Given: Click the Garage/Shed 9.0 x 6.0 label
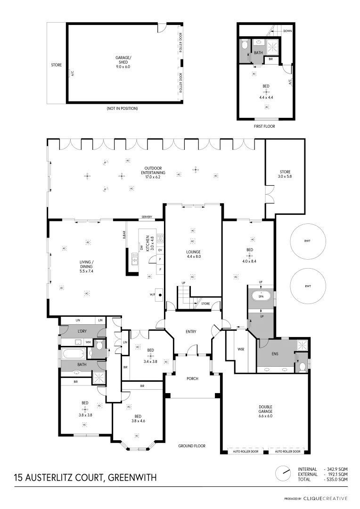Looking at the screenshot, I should pos(123,62).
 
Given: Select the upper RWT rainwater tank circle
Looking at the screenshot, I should pos(307,241).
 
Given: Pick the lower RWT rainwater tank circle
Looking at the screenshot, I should pos(307,286).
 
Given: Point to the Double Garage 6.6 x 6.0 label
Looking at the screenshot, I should pos(265,411).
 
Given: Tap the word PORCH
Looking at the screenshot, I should pos(192,378).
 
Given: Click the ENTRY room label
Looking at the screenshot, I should pos(191,332).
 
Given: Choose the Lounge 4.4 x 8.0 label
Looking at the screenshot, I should pos(193,254).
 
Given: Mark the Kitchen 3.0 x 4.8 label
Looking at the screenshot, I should pos(147,243).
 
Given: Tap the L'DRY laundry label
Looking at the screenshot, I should pos(83,331).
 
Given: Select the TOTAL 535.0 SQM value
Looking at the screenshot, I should pos(336,479).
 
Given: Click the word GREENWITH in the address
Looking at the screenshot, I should pos(132,477).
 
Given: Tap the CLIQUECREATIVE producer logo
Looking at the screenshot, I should pos(325,498).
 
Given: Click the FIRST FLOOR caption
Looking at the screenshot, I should pos(265,126).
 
